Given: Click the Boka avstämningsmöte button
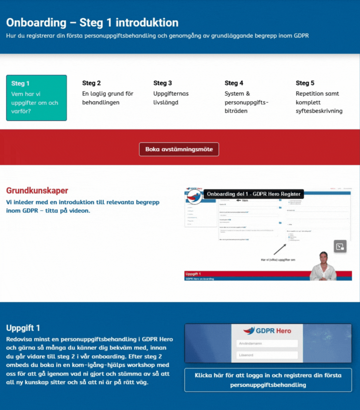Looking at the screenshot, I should coord(179,149).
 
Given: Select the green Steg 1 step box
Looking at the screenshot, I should coord(36,98).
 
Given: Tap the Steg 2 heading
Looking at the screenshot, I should coord(91,83).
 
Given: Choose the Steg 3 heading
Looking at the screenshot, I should coord(163,83).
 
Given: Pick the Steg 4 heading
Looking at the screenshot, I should coord(234,83).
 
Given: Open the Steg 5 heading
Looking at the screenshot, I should coord(305,83).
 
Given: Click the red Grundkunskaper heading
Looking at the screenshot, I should coord(37,191).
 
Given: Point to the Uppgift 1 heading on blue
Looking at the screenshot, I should coord(23,328).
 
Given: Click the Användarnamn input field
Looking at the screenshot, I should coord(267,343).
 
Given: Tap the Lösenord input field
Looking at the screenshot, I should coord(267,355).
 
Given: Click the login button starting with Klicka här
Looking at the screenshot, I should coord(268,380).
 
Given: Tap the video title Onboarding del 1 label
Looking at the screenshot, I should coord(254,194).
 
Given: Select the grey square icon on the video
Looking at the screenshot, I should coord(340,246).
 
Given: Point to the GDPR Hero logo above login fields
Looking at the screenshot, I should coord(267,331).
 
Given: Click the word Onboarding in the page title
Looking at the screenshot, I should coord(36,22).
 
